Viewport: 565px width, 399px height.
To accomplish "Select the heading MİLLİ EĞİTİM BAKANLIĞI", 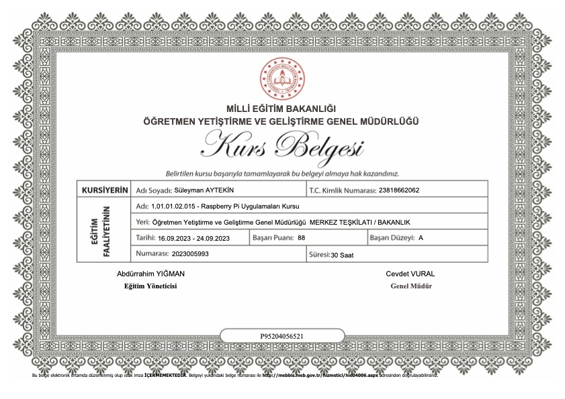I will pos(281,109).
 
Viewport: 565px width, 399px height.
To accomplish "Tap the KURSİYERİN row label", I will pos(104,190).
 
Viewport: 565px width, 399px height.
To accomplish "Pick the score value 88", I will pos(301,238).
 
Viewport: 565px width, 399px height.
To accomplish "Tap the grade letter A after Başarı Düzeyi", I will pos(421,238).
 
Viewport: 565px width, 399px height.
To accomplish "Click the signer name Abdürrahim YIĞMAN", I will pos(150,274).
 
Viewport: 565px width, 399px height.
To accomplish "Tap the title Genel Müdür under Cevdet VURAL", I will pos(410,286).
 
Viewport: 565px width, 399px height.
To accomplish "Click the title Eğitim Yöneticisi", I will pos(150,286).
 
